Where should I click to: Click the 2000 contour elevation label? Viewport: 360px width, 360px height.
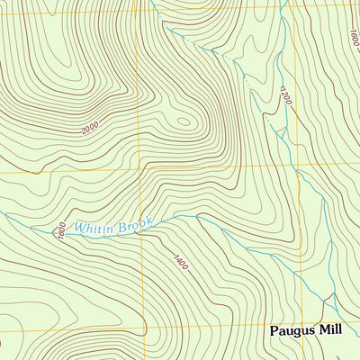point(90,130)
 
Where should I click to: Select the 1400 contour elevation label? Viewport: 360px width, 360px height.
point(181,263)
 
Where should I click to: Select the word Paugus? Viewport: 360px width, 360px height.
point(293,330)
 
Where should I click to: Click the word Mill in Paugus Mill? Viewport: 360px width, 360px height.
point(330,330)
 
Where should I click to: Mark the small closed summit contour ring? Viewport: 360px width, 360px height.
point(183,121)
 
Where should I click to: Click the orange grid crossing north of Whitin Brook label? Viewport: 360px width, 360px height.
point(140,168)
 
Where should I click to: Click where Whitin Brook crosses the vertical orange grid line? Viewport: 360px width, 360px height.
point(140,223)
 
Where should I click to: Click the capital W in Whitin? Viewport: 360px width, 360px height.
point(79,229)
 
